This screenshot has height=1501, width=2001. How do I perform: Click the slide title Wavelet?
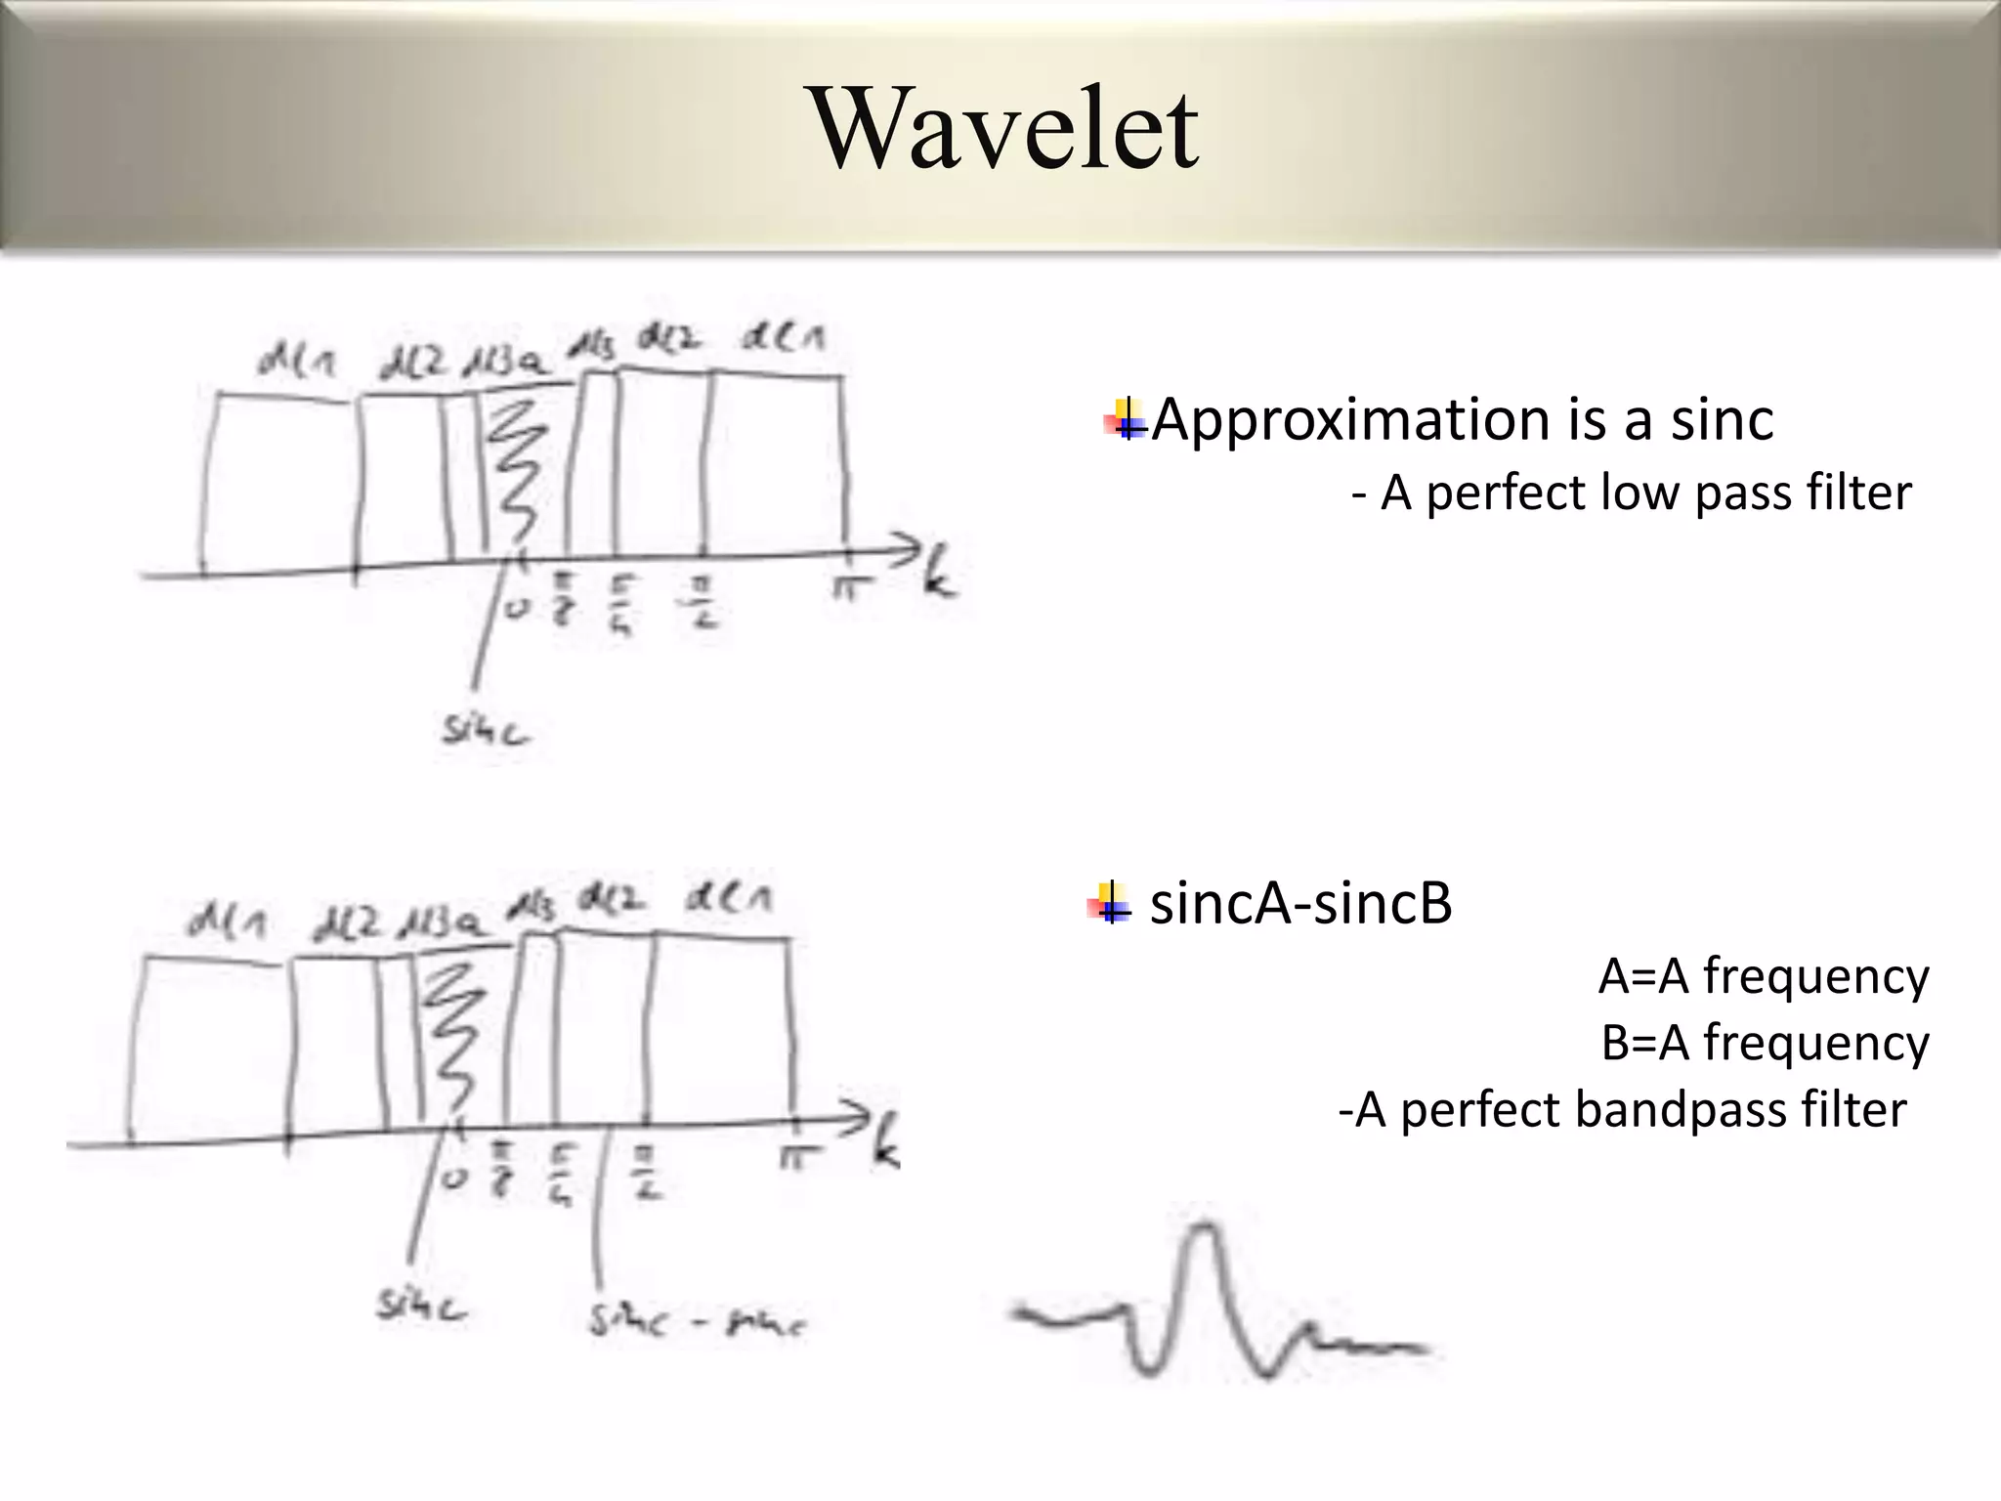click(x=1005, y=129)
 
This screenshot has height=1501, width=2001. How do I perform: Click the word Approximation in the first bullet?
click(x=1348, y=420)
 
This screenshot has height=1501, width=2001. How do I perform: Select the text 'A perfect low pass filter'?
click(x=1632, y=493)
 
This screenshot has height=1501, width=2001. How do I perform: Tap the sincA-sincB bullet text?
click(x=1299, y=904)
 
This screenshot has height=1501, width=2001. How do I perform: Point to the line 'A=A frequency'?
click(x=1763, y=976)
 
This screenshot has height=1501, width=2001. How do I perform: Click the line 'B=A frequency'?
click(x=1764, y=1043)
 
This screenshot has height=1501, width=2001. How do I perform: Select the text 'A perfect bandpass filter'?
click(x=1622, y=1110)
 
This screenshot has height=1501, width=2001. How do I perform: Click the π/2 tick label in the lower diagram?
click(x=647, y=1173)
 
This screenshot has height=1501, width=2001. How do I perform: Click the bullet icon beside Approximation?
click(x=1126, y=420)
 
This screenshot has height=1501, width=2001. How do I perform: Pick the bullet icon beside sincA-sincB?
click(x=1109, y=903)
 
